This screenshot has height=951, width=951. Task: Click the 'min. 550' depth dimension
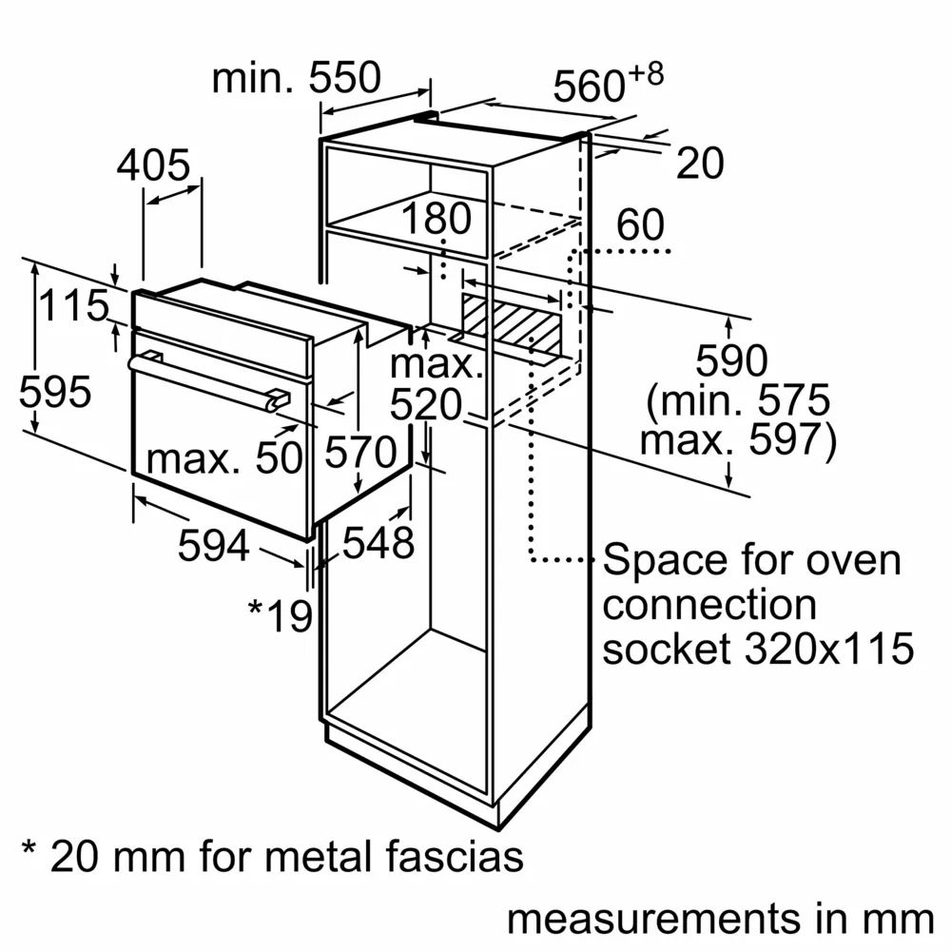click(x=296, y=78)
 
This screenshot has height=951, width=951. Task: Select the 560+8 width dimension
click(x=608, y=86)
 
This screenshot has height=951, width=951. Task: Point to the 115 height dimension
click(x=74, y=306)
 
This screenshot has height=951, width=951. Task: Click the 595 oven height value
click(x=55, y=392)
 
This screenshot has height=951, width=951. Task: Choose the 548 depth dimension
click(x=378, y=542)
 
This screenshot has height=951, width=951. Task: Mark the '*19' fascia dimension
click(x=281, y=616)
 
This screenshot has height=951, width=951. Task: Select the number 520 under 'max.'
click(x=426, y=406)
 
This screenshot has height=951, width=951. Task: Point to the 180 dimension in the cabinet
click(x=436, y=220)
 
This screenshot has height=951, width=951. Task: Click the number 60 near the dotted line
click(x=640, y=225)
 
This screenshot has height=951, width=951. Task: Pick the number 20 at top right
click(x=700, y=165)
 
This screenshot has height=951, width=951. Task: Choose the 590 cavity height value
click(x=731, y=361)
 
